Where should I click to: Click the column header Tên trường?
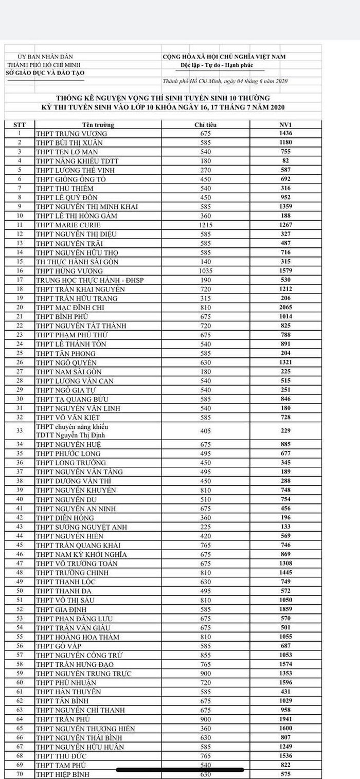[x=98, y=125]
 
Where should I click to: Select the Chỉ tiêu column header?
[x=205, y=125]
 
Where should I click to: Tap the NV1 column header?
[x=286, y=125]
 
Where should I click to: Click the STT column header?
[x=20, y=125]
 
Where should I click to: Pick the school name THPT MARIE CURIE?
[x=68, y=225]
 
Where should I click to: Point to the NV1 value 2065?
[x=286, y=307]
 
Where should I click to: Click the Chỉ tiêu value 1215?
[x=205, y=225]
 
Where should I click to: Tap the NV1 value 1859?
[x=286, y=609]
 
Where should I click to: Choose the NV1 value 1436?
[x=286, y=134]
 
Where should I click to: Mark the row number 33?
[x=20, y=431]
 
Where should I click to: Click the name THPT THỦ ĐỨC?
[x=61, y=756]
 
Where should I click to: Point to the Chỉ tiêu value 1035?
[x=205, y=271]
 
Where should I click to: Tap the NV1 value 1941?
[x=286, y=719]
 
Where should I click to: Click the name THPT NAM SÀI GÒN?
[x=69, y=372]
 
